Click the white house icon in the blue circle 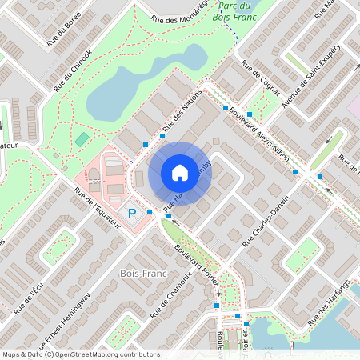[179, 173]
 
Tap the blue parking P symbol [133, 213]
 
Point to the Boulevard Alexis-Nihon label [258, 130]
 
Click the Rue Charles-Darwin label [265, 223]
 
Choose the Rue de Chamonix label [169, 295]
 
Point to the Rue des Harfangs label [332, 298]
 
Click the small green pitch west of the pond [82, 139]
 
